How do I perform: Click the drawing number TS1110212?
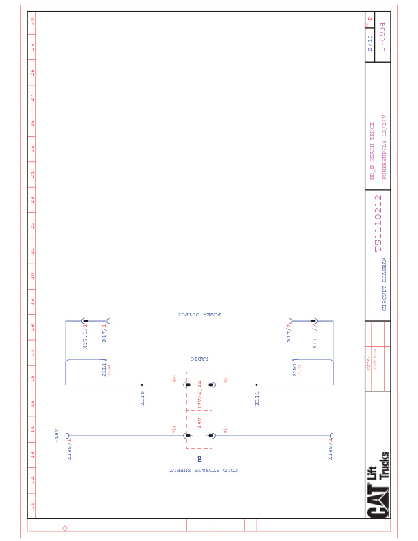point(378,223)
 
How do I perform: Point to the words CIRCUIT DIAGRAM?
point(384,284)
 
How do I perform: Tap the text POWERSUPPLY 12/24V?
point(385,147)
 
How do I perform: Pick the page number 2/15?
point(370,43)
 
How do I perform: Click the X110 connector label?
point(143,398)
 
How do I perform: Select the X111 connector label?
point(257,398)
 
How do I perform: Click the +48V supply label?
point(57,436)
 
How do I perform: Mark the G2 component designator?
point(200,458)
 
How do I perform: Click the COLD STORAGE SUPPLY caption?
point(204,471)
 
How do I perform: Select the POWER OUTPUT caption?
point(199,315)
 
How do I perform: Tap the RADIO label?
point(199,359)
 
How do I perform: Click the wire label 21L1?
point(104,370)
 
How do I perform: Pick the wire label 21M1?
point(295,370)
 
